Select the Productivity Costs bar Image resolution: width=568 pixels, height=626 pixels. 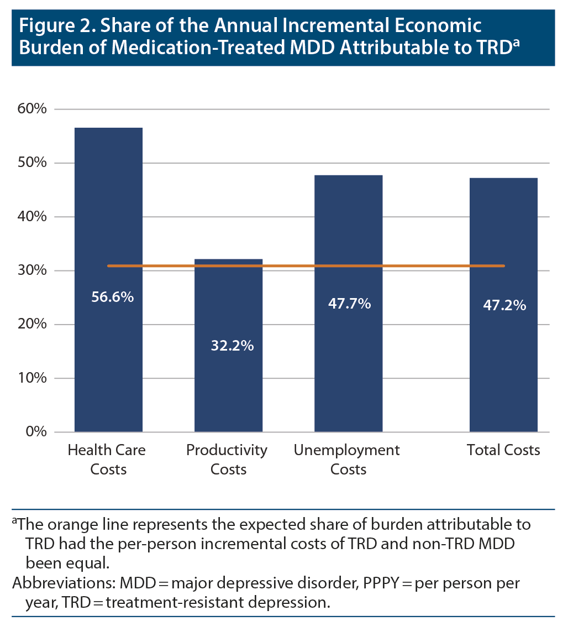229,387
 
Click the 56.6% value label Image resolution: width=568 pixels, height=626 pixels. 112,297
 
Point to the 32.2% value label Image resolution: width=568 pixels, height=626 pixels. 232,346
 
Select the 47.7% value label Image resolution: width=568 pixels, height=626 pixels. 349,303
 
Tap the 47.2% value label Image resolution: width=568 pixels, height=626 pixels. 504,305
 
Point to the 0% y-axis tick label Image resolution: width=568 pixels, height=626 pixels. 36,432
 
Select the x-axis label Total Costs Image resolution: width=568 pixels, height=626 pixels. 503,450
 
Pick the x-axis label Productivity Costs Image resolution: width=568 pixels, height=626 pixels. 227,460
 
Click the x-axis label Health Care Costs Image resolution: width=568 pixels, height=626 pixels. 107,460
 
